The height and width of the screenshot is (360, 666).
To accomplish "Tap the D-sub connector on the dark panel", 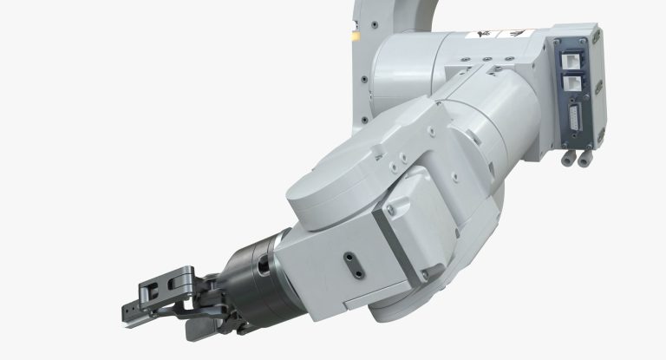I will click(x=575, y=116).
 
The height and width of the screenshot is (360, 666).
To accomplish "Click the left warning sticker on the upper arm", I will click(x=479, y=36).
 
